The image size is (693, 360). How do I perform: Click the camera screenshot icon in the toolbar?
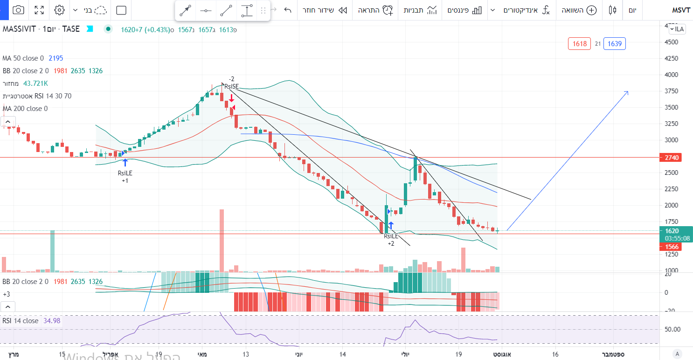pyautogui.click(x=18, y=10)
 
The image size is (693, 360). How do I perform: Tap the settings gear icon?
pyautogui.click(x=59, y=10)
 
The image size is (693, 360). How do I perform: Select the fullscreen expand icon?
pyautogui.click(x=39, y=10)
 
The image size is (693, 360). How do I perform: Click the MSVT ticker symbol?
pyautogui.click(x=681, y=10)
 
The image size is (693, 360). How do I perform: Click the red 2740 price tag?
pyautogui.click(x=672, y=158)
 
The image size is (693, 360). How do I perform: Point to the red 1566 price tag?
pyautogui.click(x=672, y=246)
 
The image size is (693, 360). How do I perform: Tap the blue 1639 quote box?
pyautogui.click(x=615, y=44)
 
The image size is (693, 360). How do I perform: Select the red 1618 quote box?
pyautogui.click(x=579, y=44)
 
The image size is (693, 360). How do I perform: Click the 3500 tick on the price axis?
pyautogui.click(x=672, y=107)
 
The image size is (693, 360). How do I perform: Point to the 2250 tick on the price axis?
pyautogui.click(x=672, y=189)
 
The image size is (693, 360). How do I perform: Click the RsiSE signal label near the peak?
pyautogui.click(x=231, y=86)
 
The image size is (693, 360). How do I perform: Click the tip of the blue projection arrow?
pyautogui.click(x=628, y=91)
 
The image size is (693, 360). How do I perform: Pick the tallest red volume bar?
pyautogui.click(x=222, y=240)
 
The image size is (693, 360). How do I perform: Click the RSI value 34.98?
pyautogui.click(x=51, y=321)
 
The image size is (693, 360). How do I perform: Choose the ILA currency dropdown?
pyautogui.click(x=678, y=29)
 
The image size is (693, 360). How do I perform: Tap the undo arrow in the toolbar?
pyautogui.click(x=288, y=10)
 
